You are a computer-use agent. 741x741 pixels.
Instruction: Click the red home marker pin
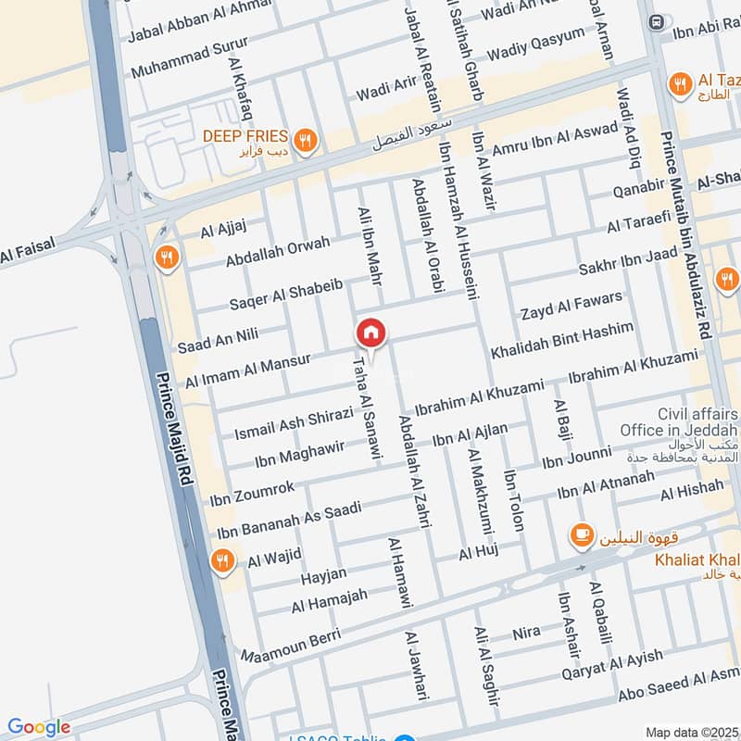(370, 333)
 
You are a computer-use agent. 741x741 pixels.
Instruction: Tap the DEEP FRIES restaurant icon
(308, 141)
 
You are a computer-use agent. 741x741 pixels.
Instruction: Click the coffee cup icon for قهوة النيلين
(582, 535)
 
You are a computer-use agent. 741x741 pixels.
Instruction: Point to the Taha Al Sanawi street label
(363, 405)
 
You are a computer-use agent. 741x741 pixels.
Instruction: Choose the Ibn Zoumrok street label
(252, 492)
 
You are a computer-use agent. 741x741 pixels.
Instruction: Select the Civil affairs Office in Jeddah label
(680, 423)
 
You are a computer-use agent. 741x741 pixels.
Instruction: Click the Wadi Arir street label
(386, 89)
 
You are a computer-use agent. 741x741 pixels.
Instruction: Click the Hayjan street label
(323, 576)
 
